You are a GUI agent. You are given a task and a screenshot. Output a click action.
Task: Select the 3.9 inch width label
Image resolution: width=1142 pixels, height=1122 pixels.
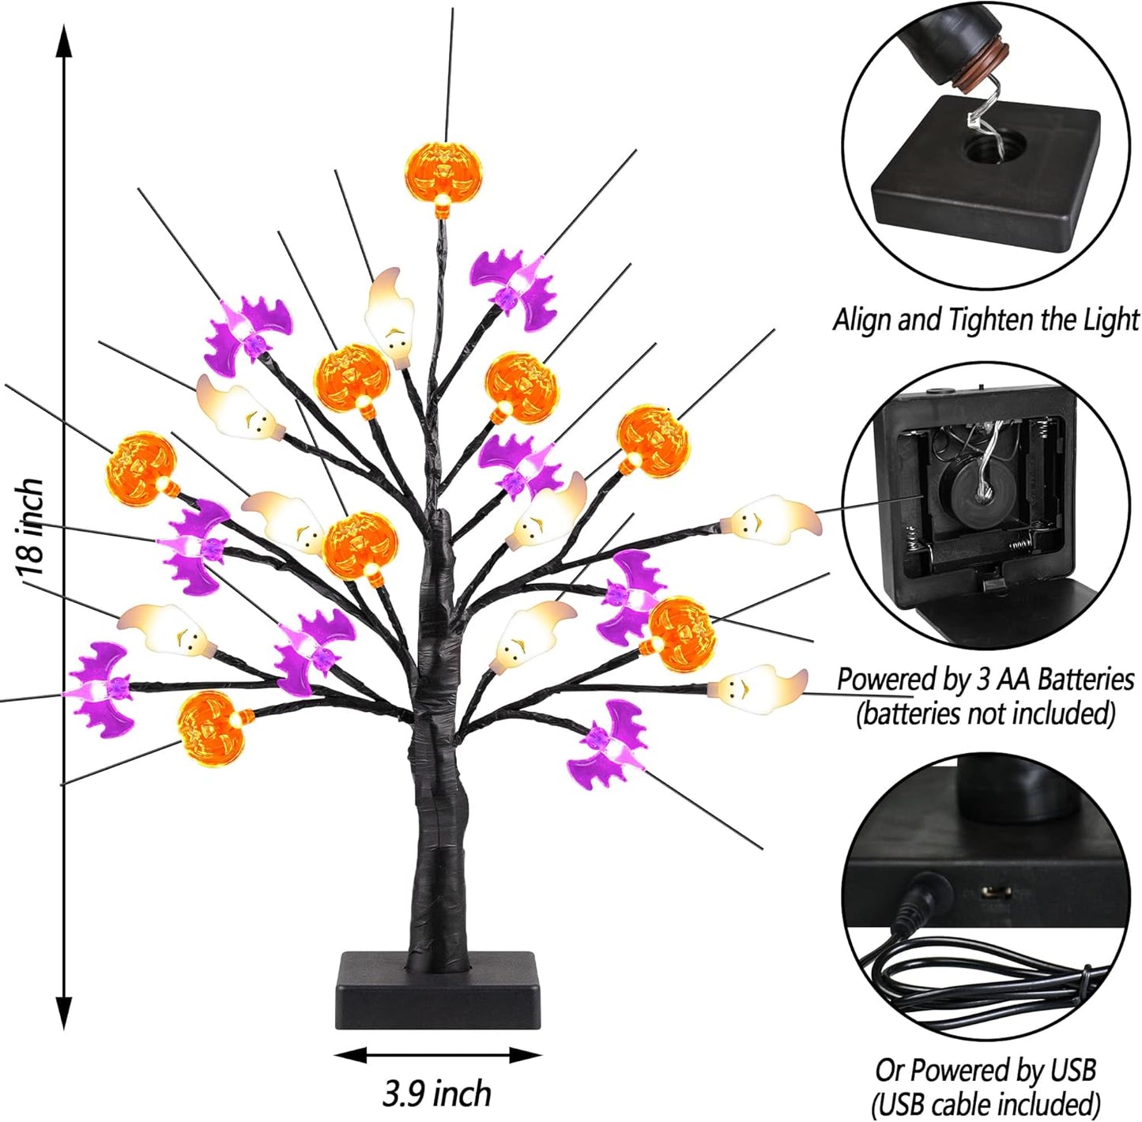pyautogui.click(x=437, y=1094)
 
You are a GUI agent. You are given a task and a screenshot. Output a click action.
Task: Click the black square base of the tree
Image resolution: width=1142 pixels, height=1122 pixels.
pyautogui.click(x=436, y=991)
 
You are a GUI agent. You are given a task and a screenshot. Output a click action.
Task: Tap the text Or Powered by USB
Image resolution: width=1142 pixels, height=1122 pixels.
pyautogui.click(x=986, y=1070)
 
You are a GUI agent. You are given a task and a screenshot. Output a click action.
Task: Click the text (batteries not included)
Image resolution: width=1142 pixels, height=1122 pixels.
pyautogui.click(x=986, y=713)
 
